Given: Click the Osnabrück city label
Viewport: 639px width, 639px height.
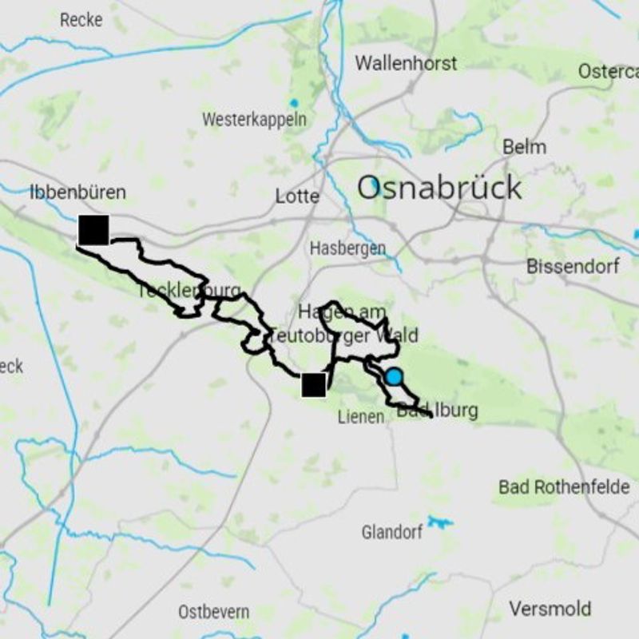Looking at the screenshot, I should tap(439, 189).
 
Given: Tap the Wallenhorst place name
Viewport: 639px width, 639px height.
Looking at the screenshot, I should tap(406, 63).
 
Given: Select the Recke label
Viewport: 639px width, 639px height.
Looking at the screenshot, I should tap(81, 20).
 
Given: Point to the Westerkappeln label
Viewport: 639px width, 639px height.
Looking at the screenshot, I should tap(254, 120).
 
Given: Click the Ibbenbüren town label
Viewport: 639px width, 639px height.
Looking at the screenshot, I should tap(77, 192).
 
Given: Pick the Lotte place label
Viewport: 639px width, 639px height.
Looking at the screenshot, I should tap(297, 196).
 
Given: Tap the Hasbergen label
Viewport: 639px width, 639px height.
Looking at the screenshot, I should tap(347, 248).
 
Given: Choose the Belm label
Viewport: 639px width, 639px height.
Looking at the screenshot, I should tap(525, 147).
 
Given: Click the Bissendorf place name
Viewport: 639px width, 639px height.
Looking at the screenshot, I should tap(573, 266).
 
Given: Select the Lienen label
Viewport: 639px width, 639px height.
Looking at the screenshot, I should tap(360, 416).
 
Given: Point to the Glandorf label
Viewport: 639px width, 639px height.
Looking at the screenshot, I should tap(391, 531).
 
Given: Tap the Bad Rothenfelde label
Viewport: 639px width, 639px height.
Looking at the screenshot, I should tap(564, 486).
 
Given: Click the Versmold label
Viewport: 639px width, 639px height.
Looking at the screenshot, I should tap(550, 609).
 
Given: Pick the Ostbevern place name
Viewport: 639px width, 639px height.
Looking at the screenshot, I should tap(213, 612).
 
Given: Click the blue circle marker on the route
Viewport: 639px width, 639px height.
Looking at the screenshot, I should tap(394, 377).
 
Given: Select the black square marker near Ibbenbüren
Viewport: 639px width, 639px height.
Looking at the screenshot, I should tap(93, 230).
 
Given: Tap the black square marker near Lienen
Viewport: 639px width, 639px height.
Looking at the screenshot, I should tap(314, 385).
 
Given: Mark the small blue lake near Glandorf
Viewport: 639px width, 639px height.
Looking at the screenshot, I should tap(439, 522).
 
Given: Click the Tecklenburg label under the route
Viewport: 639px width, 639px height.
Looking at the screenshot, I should tap(189, 291).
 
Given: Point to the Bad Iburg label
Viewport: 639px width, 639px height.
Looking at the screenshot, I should tap(438, 411).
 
